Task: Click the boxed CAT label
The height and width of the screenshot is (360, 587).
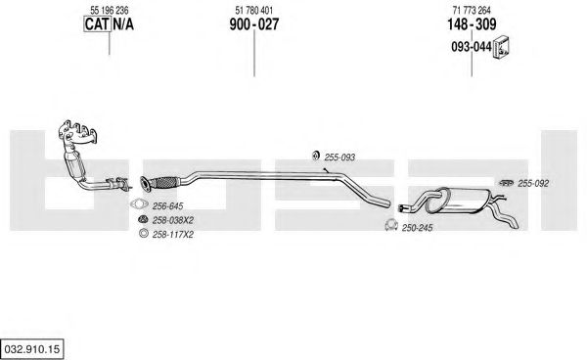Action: coord(97,24)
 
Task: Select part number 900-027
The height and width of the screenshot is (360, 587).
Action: coord(254,24)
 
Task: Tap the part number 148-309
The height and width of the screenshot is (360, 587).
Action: coord(472,24)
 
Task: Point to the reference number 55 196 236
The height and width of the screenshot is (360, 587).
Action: coord(110,10)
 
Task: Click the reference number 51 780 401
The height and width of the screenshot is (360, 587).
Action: coord(254,10)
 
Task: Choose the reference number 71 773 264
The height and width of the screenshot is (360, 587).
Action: coord(472,10)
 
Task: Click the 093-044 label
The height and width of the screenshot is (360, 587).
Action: coord(472,47)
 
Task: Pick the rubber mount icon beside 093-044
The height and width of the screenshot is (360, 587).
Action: coord(502,48)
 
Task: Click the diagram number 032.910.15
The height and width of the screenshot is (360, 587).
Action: coord(32,349)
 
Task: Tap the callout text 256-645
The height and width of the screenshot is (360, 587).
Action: coord(167,205)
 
